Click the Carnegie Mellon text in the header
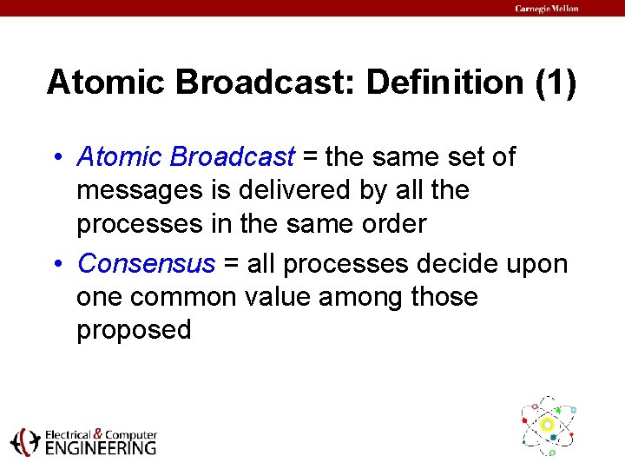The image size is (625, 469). click(547, 9)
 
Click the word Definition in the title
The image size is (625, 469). click(444, 82)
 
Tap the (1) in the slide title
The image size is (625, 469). click(556, 83)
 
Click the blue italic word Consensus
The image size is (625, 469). click(147, 263)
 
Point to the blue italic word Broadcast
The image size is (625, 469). click(233, 156)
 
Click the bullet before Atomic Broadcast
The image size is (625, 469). click(58, 156)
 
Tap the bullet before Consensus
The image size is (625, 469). click(58, 264)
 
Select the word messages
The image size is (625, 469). click(140, 191)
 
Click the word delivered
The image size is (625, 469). click(294, 189)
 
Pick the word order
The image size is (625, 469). click(394, 223)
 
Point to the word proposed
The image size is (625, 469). click(134, 331)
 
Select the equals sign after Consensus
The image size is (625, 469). click(231, 264)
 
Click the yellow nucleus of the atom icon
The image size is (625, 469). click(547, 425)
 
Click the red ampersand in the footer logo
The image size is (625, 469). click(98, 433)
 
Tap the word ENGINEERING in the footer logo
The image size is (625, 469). click(101, 448)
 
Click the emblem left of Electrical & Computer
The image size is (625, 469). click(25, 442)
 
